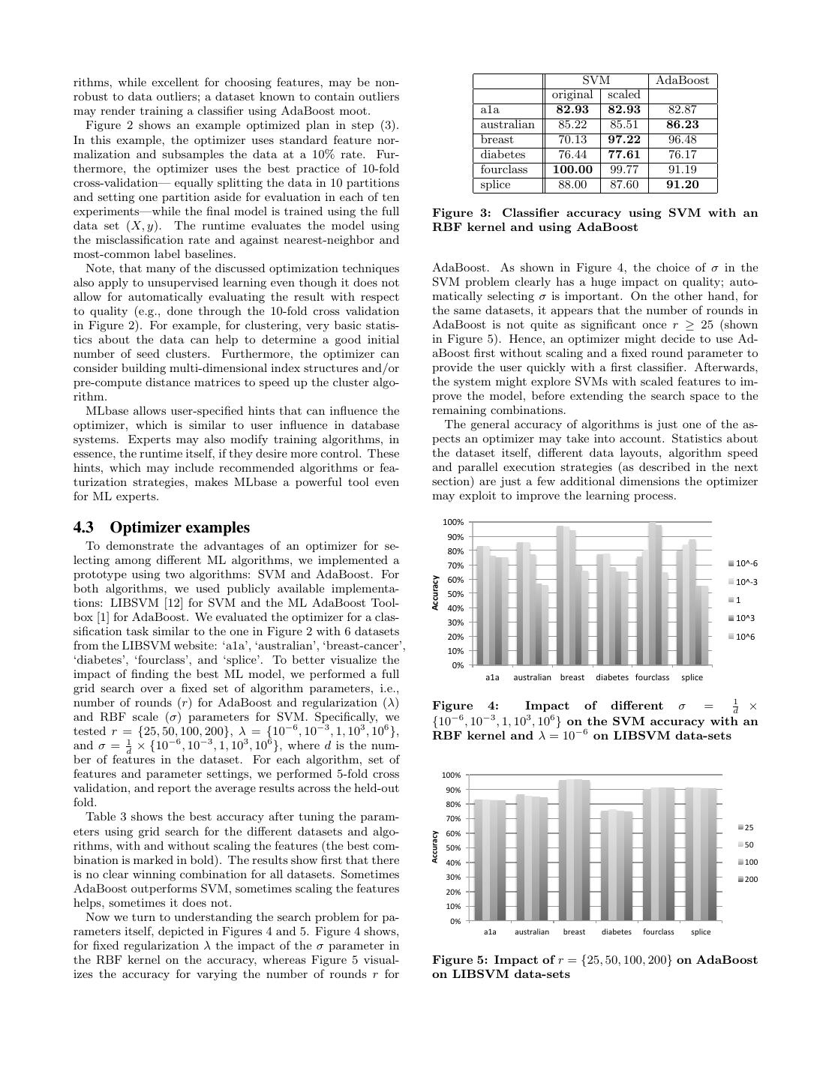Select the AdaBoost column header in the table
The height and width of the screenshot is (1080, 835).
(x=682, y=80)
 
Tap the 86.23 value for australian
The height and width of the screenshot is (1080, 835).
(x=682, y=124)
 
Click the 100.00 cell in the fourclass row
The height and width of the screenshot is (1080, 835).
(x=572, y=169)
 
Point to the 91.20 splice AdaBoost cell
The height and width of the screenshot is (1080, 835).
(x=682, y=184)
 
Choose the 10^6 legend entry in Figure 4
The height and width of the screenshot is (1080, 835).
(x=745, y=636)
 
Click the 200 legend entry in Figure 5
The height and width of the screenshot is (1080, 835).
(x=749, y=879)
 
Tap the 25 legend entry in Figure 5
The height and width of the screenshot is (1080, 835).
(x=748, y=827)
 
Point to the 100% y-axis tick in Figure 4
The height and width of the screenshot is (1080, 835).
(x=453, y=522)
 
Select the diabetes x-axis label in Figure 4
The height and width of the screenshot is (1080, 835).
(x=612, y=677)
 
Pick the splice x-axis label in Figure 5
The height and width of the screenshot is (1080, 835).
(x=701, y=932)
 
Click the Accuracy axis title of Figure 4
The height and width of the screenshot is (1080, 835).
(x=435, y=592)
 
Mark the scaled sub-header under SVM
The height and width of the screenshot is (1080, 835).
(x=623, y=95)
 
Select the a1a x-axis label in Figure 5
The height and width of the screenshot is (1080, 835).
(x=490, y=932)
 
